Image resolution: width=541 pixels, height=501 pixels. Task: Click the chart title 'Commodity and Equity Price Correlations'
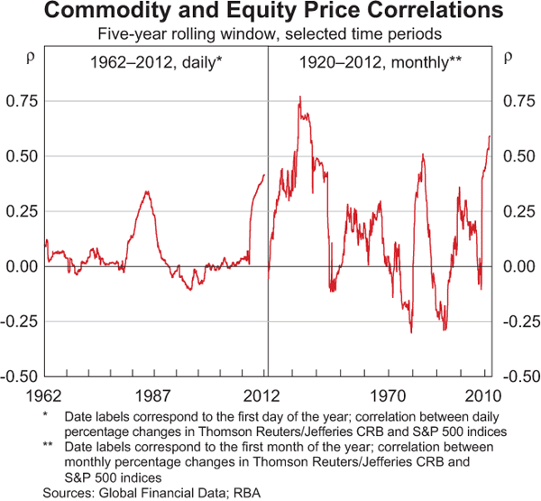tap(270, 14)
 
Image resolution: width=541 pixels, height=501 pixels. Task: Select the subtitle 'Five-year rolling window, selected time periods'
tap(270, 35)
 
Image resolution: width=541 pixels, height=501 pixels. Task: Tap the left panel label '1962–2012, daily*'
tap(155, 63)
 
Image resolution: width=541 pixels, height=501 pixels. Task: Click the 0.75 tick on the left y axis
tap(21, 100)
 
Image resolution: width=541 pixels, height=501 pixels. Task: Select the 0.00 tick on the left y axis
tap(21, 266)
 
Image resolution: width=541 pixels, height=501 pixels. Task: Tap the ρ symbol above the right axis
tap(507, 56)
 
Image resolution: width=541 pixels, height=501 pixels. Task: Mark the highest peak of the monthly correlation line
tap(299, 97)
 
